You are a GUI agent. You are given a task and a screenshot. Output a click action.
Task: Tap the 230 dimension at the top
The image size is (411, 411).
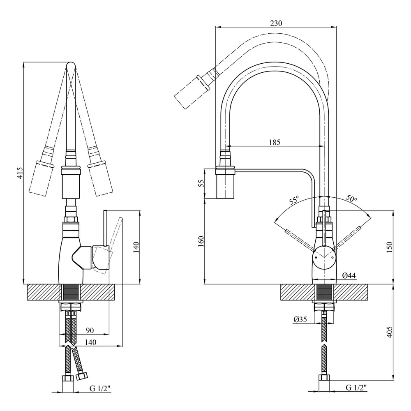(276, 23)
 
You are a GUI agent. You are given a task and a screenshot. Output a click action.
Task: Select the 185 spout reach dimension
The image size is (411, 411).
(275, 142)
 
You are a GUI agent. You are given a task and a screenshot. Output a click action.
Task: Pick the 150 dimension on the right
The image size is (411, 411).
(390, 247)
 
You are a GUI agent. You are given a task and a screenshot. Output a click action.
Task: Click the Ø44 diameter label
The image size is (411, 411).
(349, 276)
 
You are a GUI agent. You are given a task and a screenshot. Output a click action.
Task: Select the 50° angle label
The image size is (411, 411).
(351, 198)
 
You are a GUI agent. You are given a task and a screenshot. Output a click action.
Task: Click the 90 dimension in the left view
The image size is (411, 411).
(90, 330)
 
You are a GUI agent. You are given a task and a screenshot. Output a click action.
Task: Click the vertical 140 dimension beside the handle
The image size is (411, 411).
(136, 247)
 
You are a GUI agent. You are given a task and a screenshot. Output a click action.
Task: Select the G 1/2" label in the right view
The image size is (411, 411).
(356, 388)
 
